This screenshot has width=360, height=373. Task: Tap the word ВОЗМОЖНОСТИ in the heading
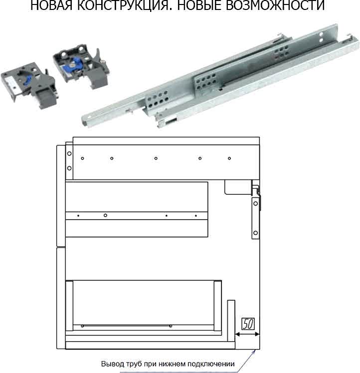click(x=275, y=5)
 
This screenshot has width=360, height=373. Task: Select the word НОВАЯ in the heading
click(x=51, y=5)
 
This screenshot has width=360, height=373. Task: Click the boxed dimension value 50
click(x=248, y=324)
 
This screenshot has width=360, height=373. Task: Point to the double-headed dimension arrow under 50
click(x=247, y=334)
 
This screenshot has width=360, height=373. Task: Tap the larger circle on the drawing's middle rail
click(x=105, y=215)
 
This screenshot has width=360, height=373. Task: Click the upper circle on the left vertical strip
click(x=69, y=153)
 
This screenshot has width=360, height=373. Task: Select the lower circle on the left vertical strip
click(x=69, y=168)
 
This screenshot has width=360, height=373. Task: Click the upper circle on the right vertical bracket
click(x=256, y=203)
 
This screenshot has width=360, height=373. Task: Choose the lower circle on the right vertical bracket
click(x=256, y=233)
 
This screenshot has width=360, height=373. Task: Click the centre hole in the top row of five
click(x=156, y=158)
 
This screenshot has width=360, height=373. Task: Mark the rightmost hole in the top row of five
click(x=229, y=158)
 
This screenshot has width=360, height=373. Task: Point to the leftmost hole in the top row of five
click(x=82, y=158)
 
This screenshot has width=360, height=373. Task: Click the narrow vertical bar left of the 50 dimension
click(x=231, y=321)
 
